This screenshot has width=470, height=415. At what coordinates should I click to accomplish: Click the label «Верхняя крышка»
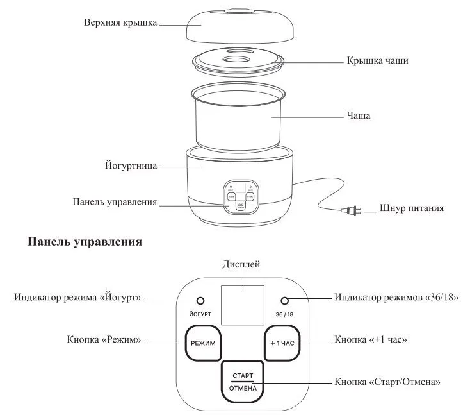pyautogui.click(x=121, y=21)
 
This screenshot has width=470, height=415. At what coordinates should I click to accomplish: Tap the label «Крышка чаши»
pyautogui.click(x=377, y=60)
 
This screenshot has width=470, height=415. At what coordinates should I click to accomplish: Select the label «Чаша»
pyautogui.click(x=359, y=116)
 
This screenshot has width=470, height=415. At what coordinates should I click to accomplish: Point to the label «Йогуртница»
pyautogui.click(x=131, y=165)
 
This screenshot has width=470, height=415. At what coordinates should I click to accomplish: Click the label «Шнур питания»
pyautogui.click(x=412, y=208)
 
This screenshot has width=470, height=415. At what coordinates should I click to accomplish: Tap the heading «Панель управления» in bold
pyautogui.click(x=85, y=243)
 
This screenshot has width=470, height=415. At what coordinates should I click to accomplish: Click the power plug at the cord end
pyautogui.click(x=351, y=209)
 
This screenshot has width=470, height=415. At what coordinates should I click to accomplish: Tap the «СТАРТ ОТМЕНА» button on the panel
pyautogui.click(x=243, y=382)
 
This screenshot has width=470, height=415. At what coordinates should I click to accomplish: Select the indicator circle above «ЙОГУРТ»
pyautogui.click(x=201, y=301)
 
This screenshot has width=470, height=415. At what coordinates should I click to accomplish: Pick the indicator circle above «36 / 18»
pyautogui.click(x=285, y=301)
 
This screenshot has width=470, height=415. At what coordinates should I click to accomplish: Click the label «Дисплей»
pyautogui.click(x=241, y=264)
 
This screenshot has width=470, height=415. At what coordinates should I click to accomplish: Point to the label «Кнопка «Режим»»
pyautogui.click(x=103, y=339)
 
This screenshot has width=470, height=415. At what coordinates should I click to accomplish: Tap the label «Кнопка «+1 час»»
pyautogui.click(x=371, y=339)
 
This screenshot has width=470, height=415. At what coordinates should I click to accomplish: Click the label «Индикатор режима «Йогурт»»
pyautogui.click(x=77, y=298)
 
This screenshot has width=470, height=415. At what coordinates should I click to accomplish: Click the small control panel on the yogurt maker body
pyautogui.click(x=241, y=196)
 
